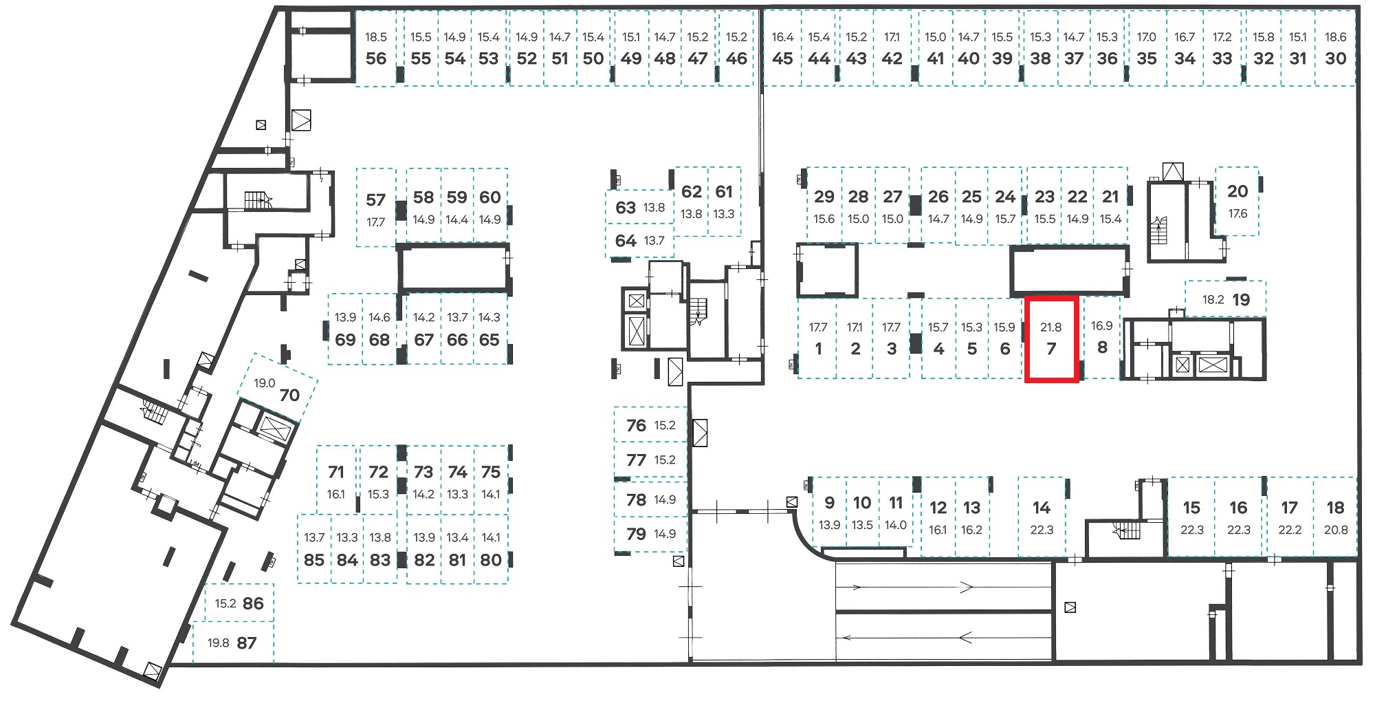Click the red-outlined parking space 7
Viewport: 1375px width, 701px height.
[x=1051, y=339]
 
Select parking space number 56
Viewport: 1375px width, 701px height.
[x=376, y=48]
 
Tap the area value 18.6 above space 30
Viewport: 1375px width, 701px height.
[x=1335, y=38]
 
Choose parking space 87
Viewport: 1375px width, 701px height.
[x=233, y=643]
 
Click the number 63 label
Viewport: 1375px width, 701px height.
[x=626, y=208]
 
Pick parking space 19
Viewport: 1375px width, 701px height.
[x=1226, y=299]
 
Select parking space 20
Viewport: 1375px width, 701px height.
[x=1237, y=201]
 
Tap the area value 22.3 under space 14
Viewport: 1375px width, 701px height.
[x=1042, y=530]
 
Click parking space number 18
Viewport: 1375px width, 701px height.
[x=1335, y=517]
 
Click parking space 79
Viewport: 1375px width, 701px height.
[x=650, y=534]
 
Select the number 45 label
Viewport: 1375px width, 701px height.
[x=782, y=59]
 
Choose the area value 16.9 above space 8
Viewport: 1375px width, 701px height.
[x=1101, y=326]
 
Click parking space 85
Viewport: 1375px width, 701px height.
[x=314, y=549]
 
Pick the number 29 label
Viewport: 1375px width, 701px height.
[x=824, y=197]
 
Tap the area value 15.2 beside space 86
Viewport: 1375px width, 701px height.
[x=225, y=604]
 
